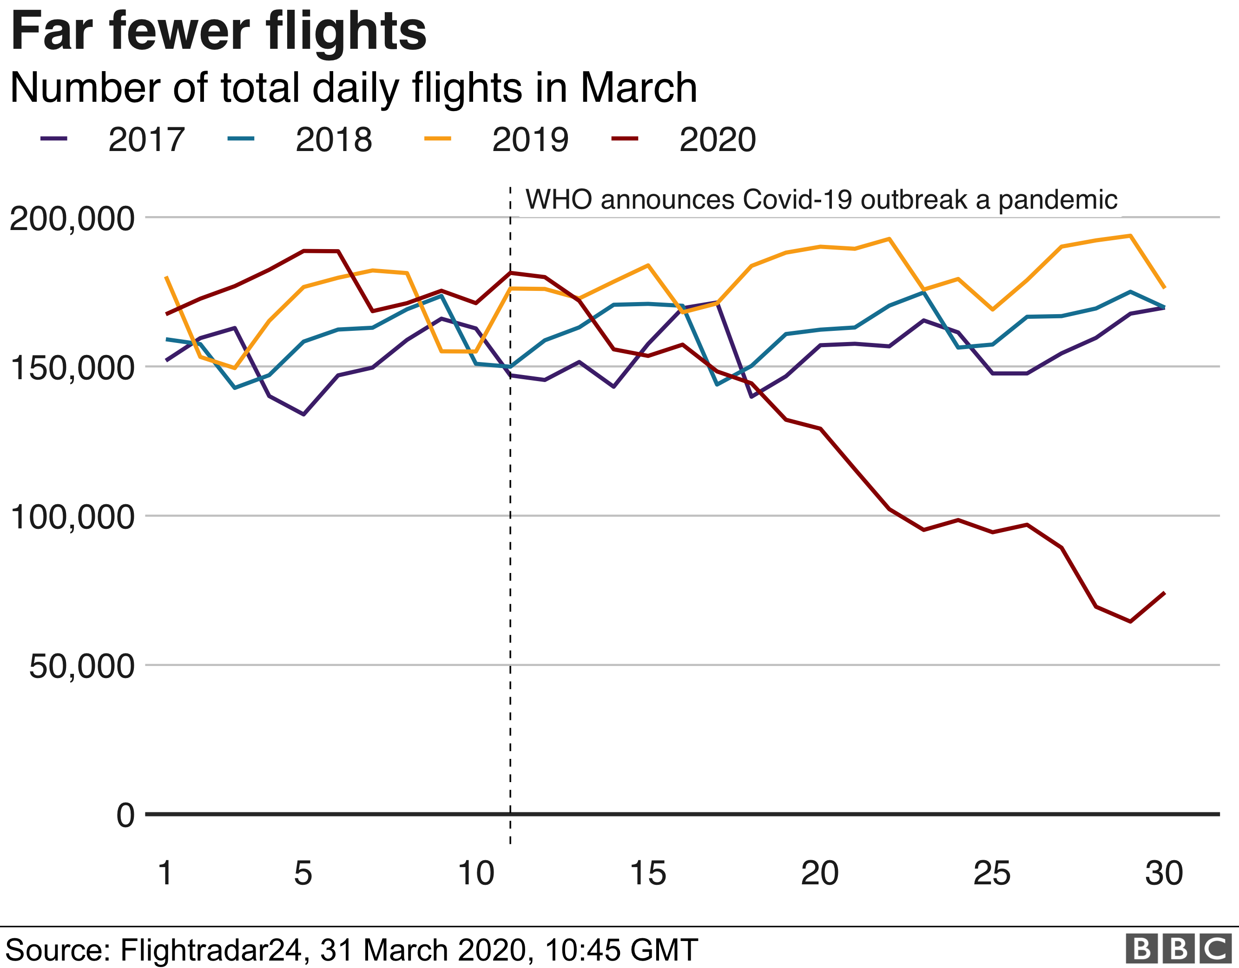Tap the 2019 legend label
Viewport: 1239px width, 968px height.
pos(530,139)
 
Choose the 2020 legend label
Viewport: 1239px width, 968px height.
pos(717,139)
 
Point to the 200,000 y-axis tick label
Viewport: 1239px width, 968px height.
pos(72,218)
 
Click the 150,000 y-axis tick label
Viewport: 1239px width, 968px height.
pos(72,368)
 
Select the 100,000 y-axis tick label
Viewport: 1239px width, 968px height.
pos(72,517)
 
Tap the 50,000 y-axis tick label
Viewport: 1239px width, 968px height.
pos(82,666)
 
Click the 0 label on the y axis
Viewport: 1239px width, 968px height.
pos(125,816)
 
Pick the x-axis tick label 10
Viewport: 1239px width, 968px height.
pos(475,873)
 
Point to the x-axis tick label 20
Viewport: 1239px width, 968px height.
pos(819,873)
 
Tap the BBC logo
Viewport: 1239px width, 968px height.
pos(1178,948)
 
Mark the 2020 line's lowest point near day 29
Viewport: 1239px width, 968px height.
pos(1130,621)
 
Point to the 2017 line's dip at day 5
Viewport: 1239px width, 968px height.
pos(303,414)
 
